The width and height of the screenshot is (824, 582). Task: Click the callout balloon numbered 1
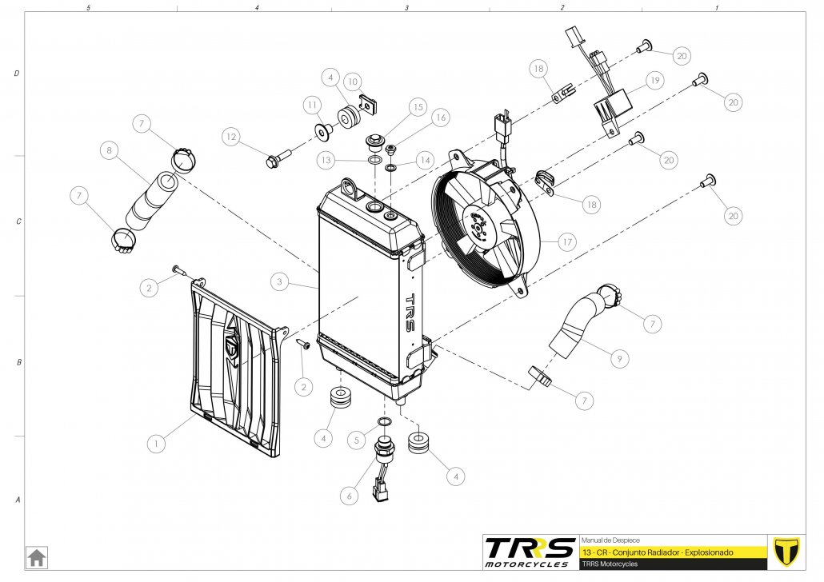(x=156, y=444)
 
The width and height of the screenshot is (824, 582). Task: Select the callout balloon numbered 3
(x=279, y=282)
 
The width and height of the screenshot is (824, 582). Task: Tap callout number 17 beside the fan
(x=567, y=242)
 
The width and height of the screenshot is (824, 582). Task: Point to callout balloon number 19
(x=654, y=81)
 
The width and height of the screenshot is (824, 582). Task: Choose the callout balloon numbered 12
(x=231, y=137)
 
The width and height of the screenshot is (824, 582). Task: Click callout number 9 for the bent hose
(x=619, y=359)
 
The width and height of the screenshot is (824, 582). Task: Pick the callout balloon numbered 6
(x=349, y=496)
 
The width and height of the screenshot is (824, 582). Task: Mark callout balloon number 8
(x=110, y=151)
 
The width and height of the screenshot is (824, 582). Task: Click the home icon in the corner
(x=36, y=557)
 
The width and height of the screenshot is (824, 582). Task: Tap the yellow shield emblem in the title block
(x=786, y=552)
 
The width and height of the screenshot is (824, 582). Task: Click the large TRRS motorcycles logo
(x=530, y=552)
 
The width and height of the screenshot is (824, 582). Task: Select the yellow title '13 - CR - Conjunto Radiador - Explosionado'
(x=658, y=552)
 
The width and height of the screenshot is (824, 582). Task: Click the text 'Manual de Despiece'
(x=610, y=540)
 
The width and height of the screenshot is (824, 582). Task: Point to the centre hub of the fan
(x=478, y=226)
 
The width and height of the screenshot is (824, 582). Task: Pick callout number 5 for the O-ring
(x=357, y=440)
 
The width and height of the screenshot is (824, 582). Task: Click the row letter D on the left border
(x=17, y=73)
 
